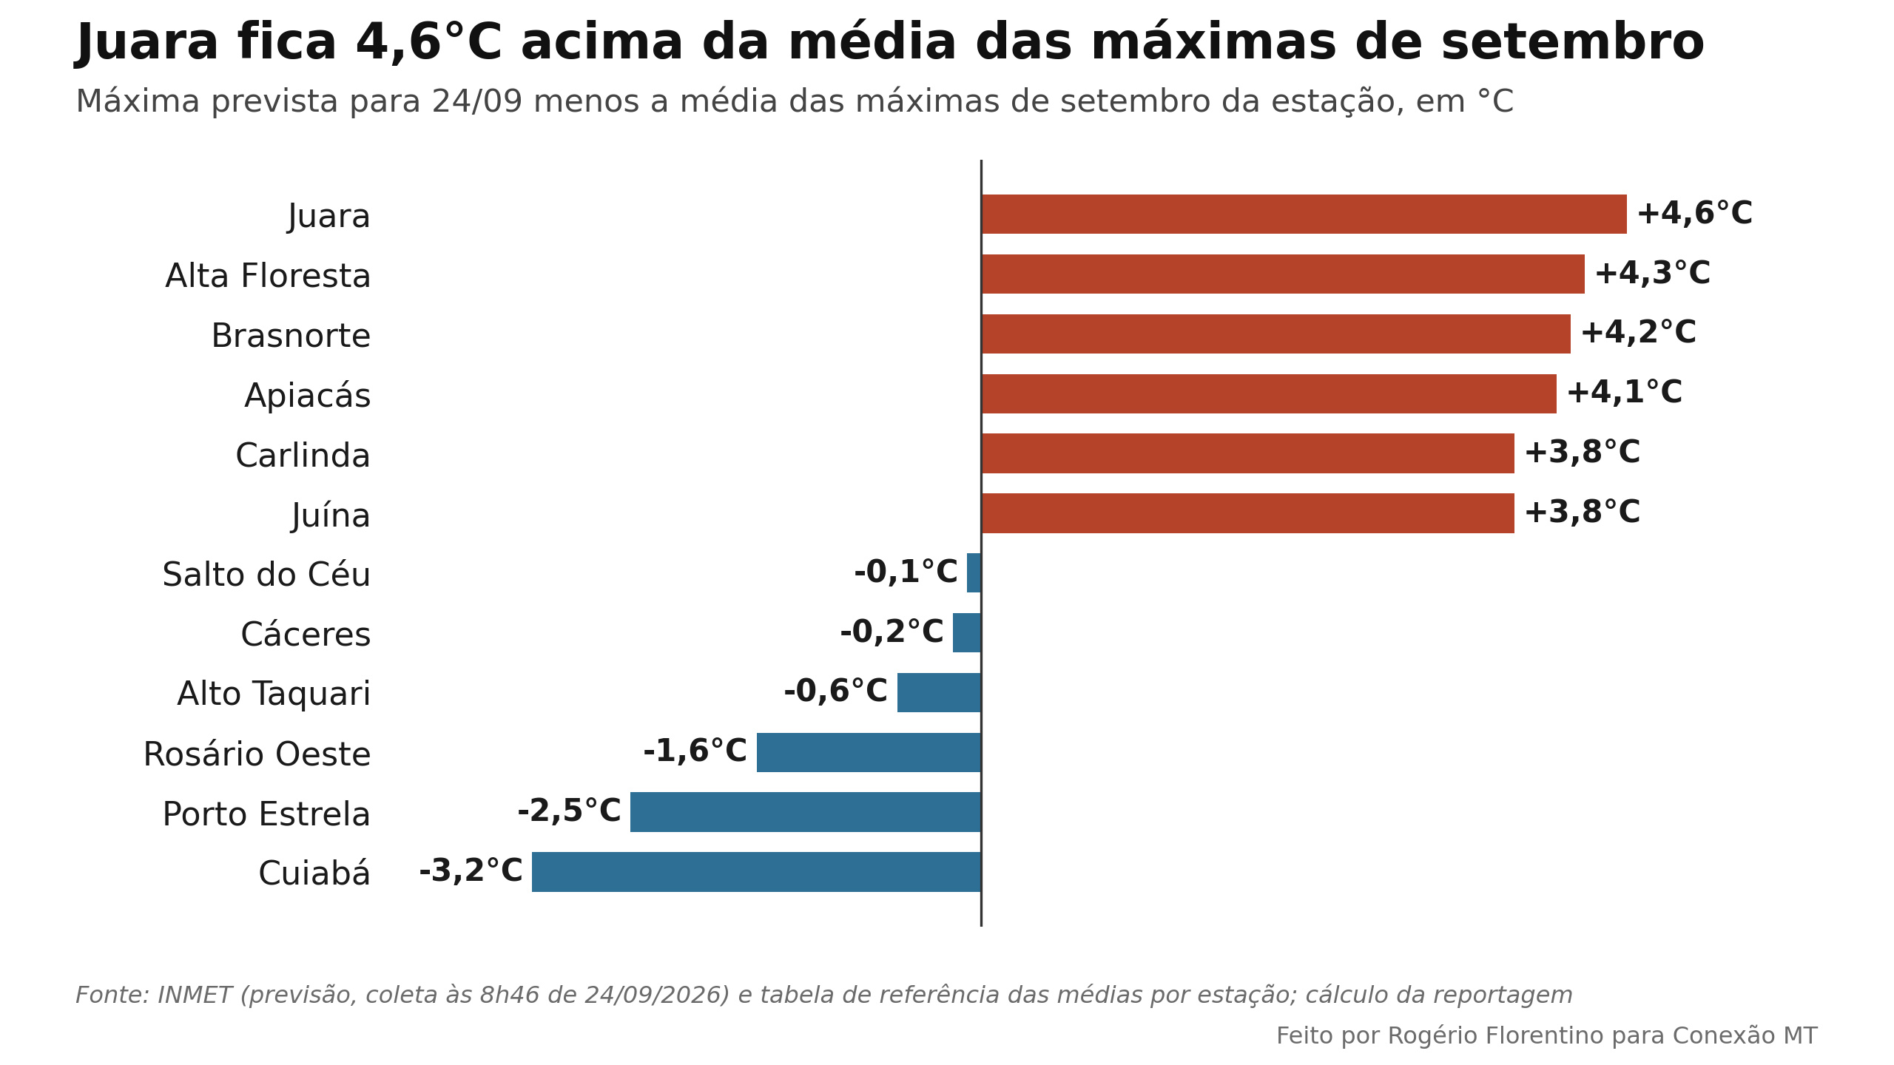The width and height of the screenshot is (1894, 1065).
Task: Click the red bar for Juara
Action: pyautogui.click(x=1304, y=214)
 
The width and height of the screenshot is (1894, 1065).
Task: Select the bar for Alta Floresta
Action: pyautogui.click(x=1283, y=274)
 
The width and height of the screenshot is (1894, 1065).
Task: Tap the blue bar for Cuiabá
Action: pyautogui.click(x=756, y=872)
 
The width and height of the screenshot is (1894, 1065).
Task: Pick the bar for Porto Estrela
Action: pyautogui.click(x=806, y=812)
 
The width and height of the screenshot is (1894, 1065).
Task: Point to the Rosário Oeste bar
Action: pyautogui.click(x=869, y=752)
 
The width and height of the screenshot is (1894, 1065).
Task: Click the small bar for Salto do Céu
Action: pyautogui.click(x=974, y=573)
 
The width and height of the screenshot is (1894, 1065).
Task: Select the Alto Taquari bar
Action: pyautogui.click(x=939, y=692)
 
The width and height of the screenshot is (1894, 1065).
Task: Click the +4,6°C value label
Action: pyautogui.click(x=1695, y=214)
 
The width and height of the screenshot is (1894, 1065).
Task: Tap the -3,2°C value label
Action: pyautogui.click(x=471, y=871)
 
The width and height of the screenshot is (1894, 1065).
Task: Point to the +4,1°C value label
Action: pyautogui.click(x=1625, y=393)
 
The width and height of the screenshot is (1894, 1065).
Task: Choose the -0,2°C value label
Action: pyautogui.click(x=892, y=632)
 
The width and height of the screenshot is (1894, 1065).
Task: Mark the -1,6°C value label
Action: pyautogui.click(x=695, y=751)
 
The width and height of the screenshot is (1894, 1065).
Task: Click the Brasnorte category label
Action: pyautogui.click(x=291, y=336)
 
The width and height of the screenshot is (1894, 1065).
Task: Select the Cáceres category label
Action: pyautogui.click(x=306, y=635)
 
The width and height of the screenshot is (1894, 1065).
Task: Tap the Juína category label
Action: pyautogui.click(x=331, y=515)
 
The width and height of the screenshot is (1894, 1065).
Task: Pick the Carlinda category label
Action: pyautogui.click(x=303, y=456)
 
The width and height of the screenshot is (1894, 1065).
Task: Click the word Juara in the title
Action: pyautogui.click(x=148, y=43)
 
